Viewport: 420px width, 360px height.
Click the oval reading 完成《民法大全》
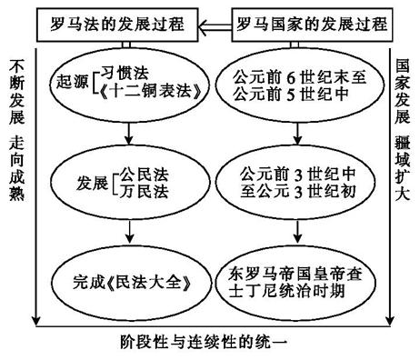(125, 281)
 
